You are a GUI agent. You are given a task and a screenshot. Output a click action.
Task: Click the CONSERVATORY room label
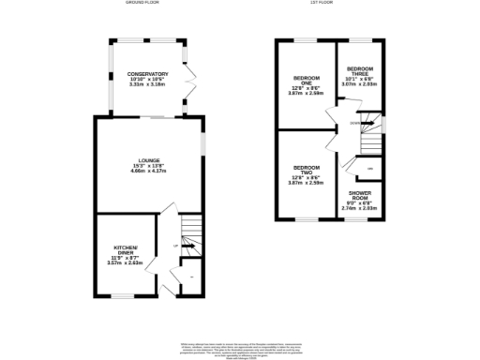coord(148,73)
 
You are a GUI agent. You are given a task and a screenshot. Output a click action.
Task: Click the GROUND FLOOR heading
coord(142,4)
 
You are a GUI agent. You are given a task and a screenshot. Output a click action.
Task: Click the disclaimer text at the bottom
coord(239,348)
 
